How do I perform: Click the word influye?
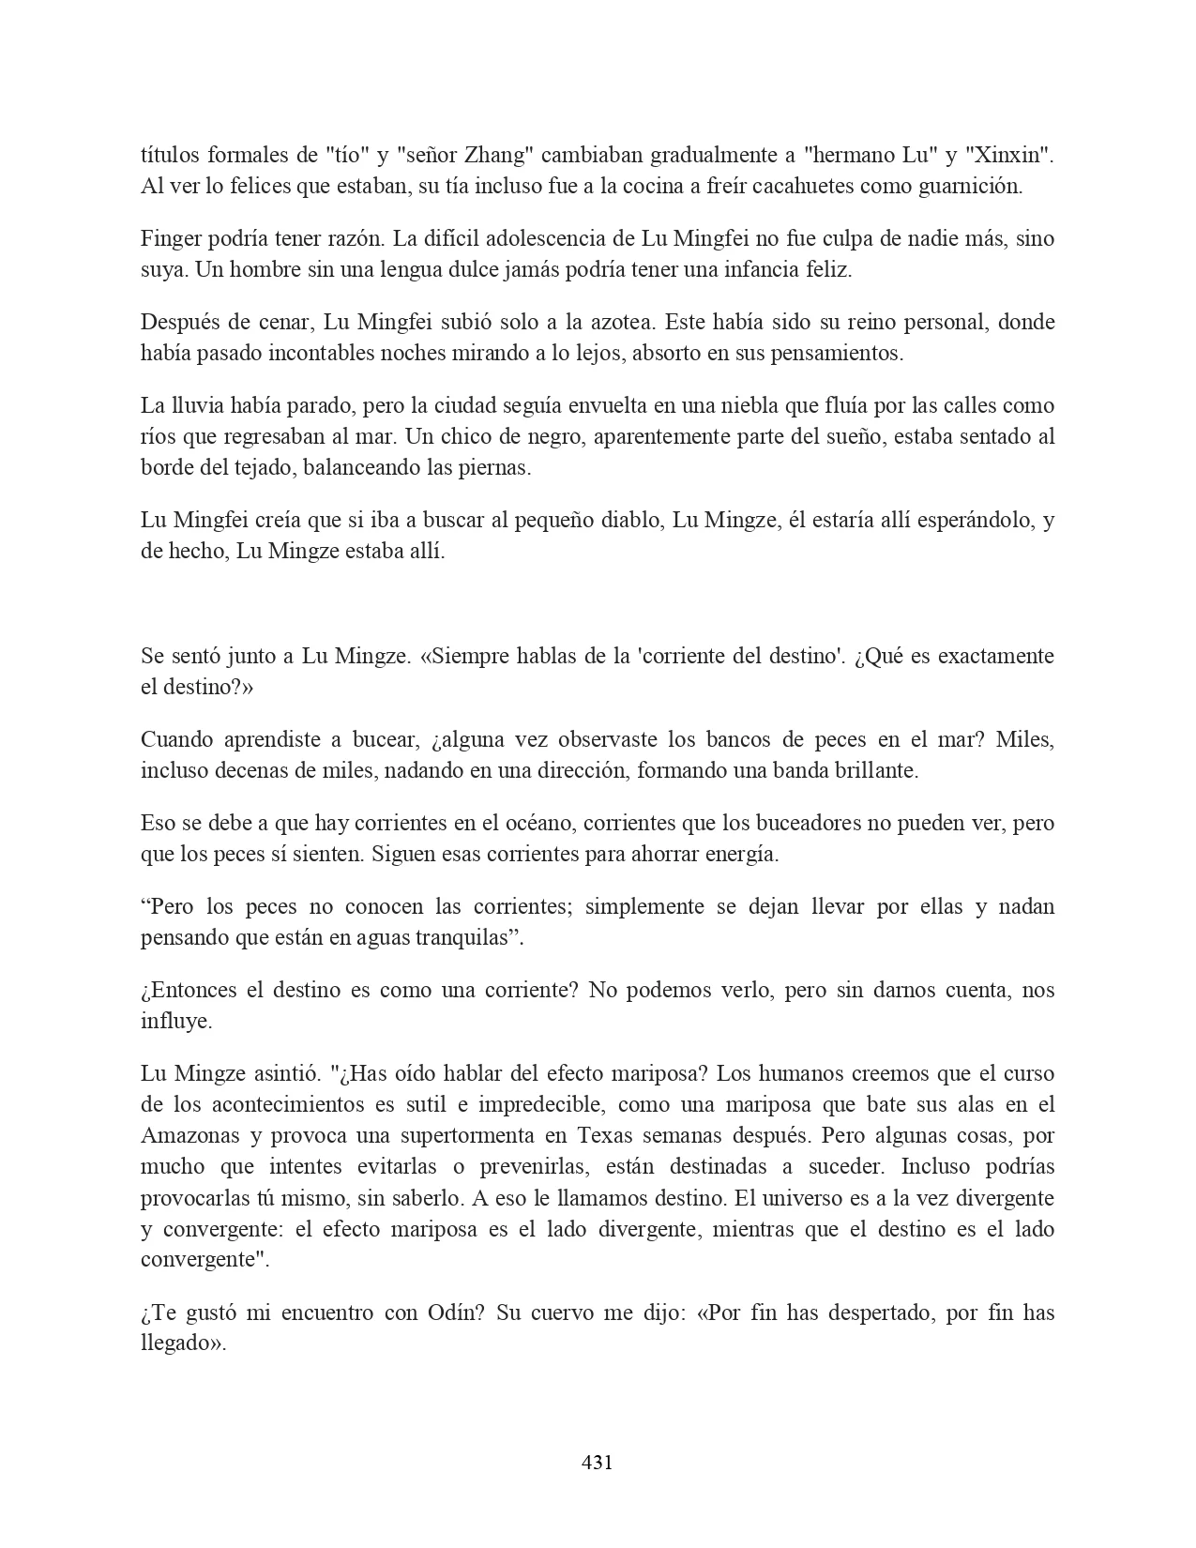(x=176, y=1022)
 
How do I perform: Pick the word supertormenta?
(x=463, y=1136)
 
